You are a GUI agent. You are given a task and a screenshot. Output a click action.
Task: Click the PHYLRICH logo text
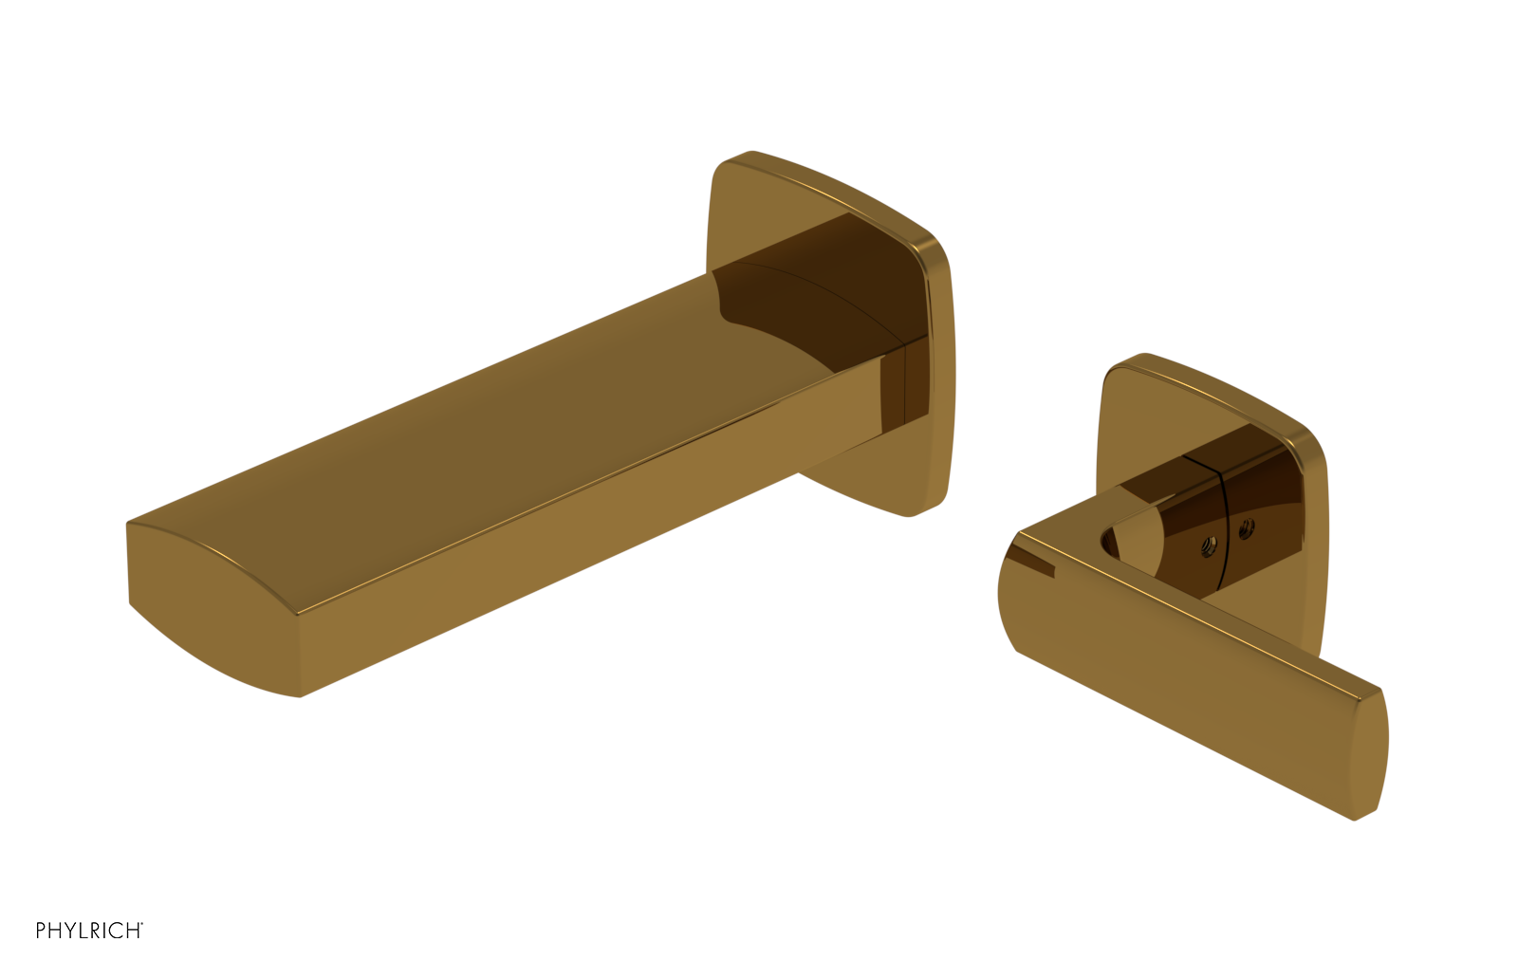pyautogui.click(x=88, y=931)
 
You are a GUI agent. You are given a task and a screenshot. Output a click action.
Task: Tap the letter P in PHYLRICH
pyautogui.click(x=41, y=931)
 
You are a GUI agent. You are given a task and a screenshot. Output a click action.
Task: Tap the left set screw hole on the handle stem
pyautogui.click(x=1209, y=545)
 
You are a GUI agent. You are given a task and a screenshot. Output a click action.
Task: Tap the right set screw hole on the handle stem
pyautogui.click(x=1246, y=529)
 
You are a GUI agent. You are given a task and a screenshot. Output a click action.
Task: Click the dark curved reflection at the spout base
pyautogui.click(x=806, y=304)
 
